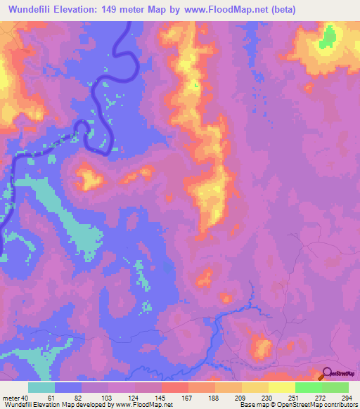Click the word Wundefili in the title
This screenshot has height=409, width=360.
[31, 10]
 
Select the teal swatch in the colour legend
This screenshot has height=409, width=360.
[41, 387]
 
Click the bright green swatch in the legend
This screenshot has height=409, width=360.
[308, 387]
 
